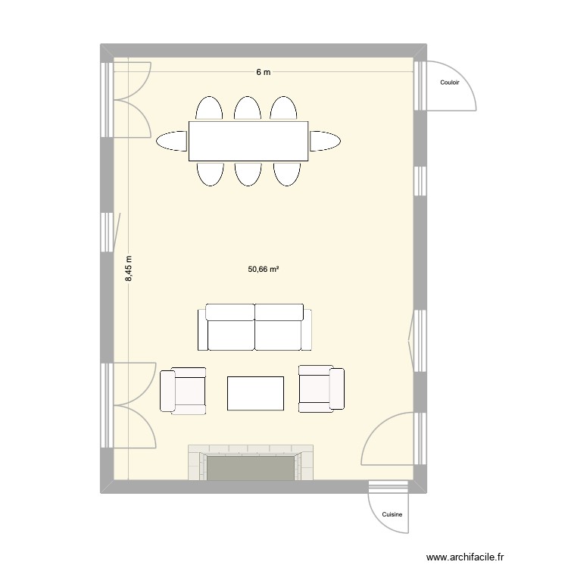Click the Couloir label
click(x=450, y=84)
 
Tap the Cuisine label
click(x=392, y=514)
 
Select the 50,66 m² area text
click(x=264, y=269)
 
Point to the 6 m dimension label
click(x=263, y=72)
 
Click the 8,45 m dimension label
click(x=130, y=269)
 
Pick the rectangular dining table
click(x=248, y=141)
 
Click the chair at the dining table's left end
click(x=172, y=141)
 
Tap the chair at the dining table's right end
click(x=325, y=141)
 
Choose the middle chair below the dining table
click(x=248, y=173)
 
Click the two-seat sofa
click(x=254, y=328)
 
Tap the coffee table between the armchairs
click(x=256, y=393)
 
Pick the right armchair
click(x=321, y=389)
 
